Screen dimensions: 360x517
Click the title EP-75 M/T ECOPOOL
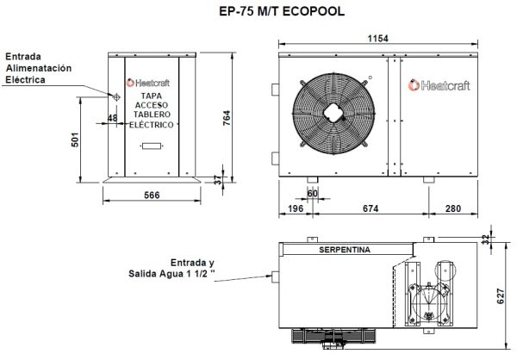click(259, 12)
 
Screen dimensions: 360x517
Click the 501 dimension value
click(76, 140)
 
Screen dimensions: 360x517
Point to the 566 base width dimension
click(153, 196)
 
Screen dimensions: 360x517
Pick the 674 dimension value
click(371, 208)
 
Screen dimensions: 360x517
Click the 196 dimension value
click(296, 208)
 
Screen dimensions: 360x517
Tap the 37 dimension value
click(217, 179)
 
